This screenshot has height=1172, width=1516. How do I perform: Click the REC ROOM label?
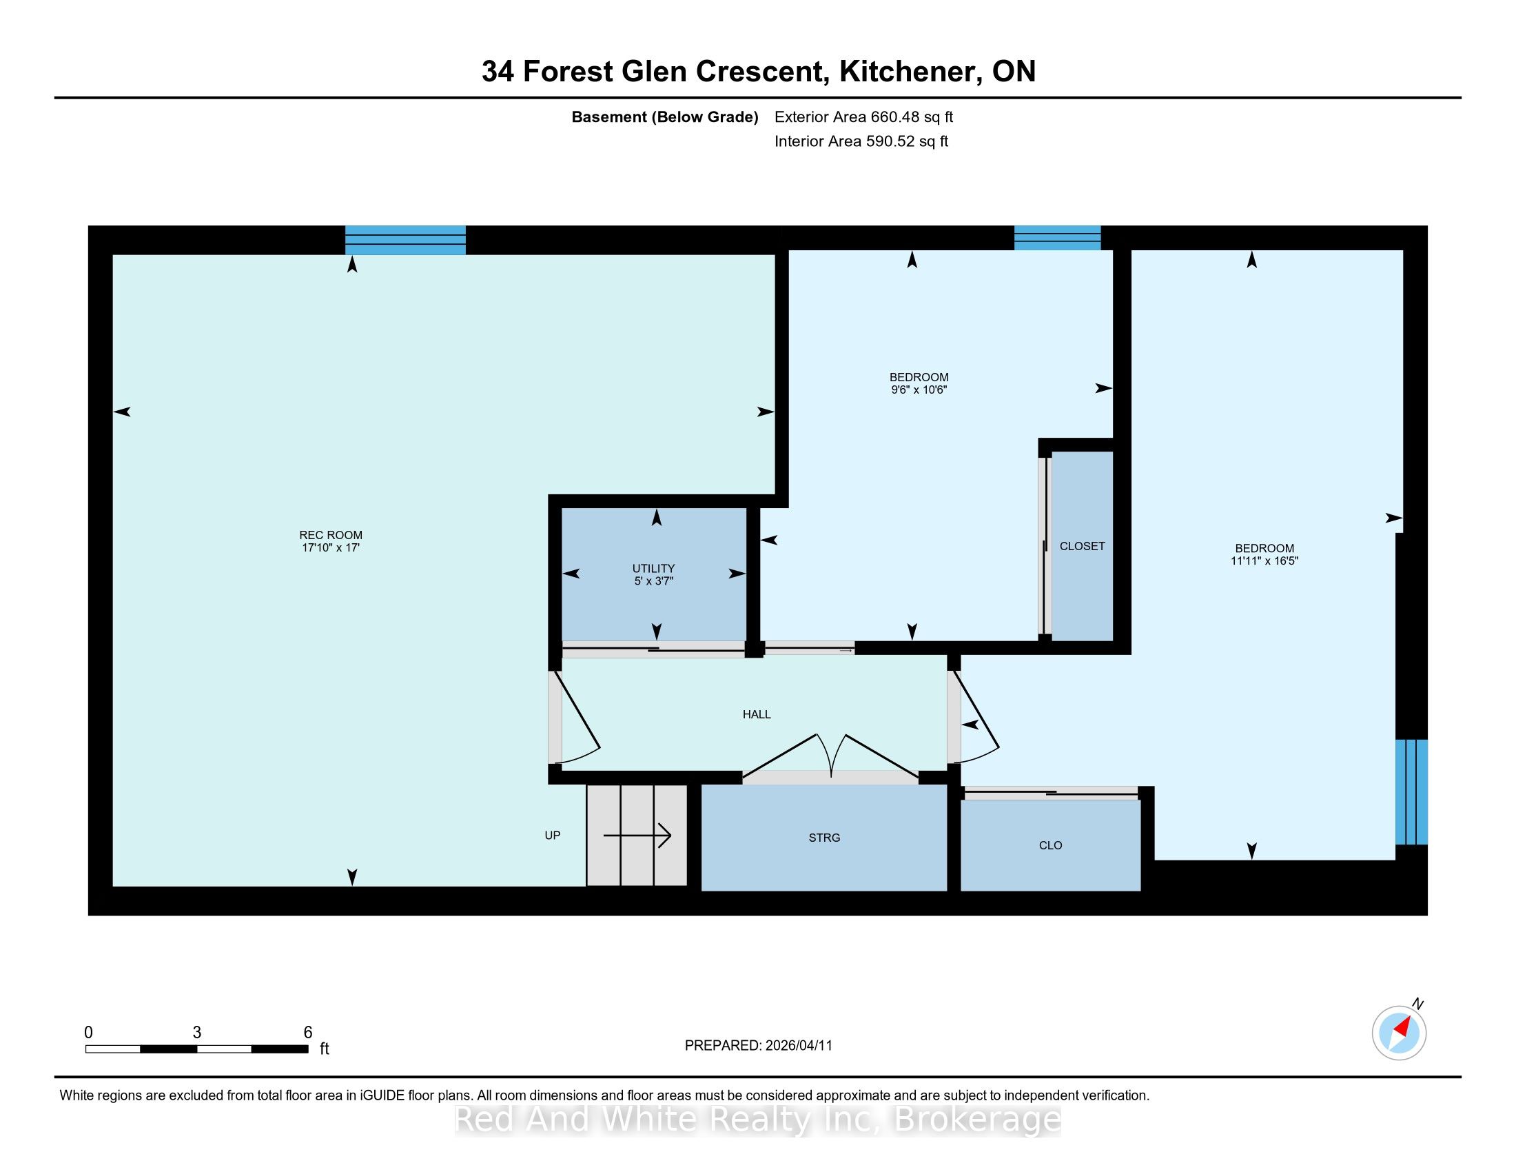coord(330,534)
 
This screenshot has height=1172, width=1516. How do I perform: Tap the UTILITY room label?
coord(653,568)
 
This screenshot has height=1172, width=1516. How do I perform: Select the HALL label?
coord(757,714)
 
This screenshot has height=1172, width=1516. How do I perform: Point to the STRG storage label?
coord(824,838)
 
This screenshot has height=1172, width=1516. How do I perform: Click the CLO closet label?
coord(1050,845)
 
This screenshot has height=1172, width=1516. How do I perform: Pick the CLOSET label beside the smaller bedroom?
coord(1082,546)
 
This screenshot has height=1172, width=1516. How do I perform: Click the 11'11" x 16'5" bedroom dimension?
coord(1264,560)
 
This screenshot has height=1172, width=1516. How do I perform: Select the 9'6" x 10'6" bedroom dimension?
coord(919,390)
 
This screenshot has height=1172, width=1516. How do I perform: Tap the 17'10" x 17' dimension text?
coord(330,547)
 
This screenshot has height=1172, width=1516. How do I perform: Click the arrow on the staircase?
coord(637,836)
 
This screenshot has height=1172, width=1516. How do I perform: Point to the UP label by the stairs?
coord(553,836)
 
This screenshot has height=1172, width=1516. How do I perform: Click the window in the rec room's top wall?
coord(405,240)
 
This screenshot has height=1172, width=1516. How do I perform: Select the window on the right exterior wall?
coord(1412,791)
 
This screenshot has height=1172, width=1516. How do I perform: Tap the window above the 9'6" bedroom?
coord(1057,237)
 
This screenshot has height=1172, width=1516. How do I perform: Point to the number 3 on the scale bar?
coord(197,1033)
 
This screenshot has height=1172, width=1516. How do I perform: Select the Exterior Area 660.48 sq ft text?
coord(863,117)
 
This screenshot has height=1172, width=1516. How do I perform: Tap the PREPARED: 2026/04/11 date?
coord(758,1046)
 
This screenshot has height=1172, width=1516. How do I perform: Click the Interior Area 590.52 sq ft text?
coord(861,141)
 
